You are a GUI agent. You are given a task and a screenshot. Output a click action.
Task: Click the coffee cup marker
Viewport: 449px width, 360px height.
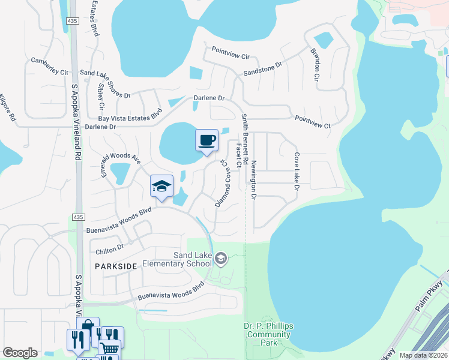point(206,140)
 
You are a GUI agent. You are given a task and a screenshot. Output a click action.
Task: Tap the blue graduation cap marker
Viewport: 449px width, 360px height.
point(161,186)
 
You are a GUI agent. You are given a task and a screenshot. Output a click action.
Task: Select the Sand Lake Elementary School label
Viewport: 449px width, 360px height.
point(192,260)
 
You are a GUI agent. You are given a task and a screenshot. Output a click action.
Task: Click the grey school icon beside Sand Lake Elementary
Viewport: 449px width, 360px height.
point(221,259)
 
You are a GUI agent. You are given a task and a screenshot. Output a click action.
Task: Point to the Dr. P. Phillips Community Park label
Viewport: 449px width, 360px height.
point(268,334)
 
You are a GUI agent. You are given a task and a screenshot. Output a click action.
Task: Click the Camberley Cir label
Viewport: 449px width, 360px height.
point(50,67)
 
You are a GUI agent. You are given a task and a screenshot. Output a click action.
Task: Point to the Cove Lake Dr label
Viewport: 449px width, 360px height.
point(296,171)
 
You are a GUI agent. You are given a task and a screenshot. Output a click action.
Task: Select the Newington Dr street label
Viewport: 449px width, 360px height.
point(254,180)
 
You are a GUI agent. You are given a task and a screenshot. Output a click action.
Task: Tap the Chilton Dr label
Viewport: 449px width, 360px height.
point(109,247)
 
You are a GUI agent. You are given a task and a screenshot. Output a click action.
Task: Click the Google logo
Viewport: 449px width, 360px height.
point(20,353)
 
